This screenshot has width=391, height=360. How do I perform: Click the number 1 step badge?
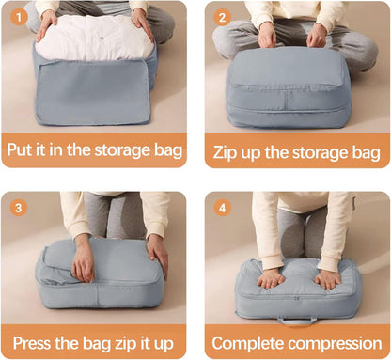pos(20,17)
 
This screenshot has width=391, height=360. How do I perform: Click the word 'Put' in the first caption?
pos(24,149)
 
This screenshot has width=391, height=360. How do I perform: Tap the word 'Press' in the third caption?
pos(35,340)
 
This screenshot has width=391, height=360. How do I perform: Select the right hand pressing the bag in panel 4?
pos(327,278)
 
